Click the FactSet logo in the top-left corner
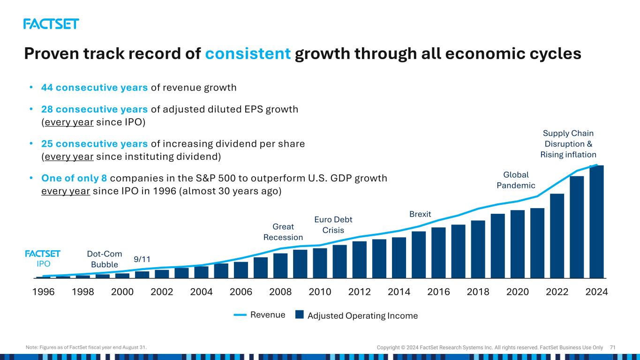click(51, 24)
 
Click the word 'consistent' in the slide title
click(248, 54)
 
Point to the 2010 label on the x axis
click(320, 292)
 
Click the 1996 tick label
click(44, 292)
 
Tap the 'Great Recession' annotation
click(283, 232)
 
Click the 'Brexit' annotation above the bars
click(420, 214)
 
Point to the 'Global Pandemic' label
click(516, 180)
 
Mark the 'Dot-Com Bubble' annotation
click(105, 259)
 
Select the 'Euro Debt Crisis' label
click(333, 225)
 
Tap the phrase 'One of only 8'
click(74, 179)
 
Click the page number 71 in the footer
click(612, 347)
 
